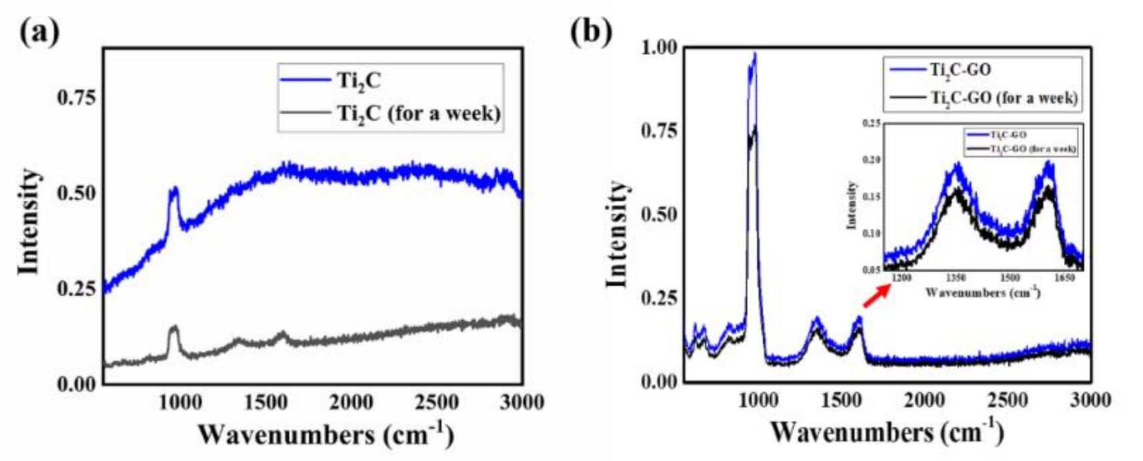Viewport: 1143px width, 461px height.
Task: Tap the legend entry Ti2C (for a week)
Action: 418,113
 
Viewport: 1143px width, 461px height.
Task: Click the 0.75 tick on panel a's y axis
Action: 76,97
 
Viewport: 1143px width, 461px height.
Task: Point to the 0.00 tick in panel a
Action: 76,384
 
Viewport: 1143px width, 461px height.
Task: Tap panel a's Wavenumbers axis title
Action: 325,435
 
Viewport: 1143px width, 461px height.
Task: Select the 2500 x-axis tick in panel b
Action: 1008,400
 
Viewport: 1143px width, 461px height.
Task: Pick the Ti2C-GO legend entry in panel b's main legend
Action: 960,69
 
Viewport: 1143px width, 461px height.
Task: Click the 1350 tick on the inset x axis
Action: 956,278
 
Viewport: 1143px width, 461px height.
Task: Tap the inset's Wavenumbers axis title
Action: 982,292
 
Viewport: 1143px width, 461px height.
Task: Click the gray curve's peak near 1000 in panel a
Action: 175,327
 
